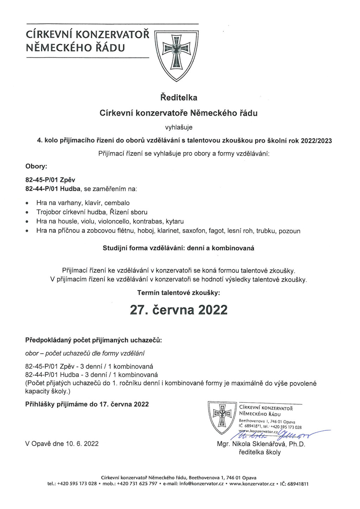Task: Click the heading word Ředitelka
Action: click(x=179, y=97)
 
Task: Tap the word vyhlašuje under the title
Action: click(x=179, y=127)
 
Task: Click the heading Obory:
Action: click(x=36, y=166)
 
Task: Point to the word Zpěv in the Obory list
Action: click(x=67, y=180)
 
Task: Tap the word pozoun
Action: click(x=289, y=231)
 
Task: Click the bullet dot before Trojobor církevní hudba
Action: click(x=27, y=212)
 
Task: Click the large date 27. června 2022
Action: click(x=179, y=310)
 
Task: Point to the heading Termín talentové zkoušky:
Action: click(x=179, y=292)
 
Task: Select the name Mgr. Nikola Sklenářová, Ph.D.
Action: click(x=261, y=444)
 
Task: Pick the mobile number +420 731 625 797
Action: click(x=137, y=484)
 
